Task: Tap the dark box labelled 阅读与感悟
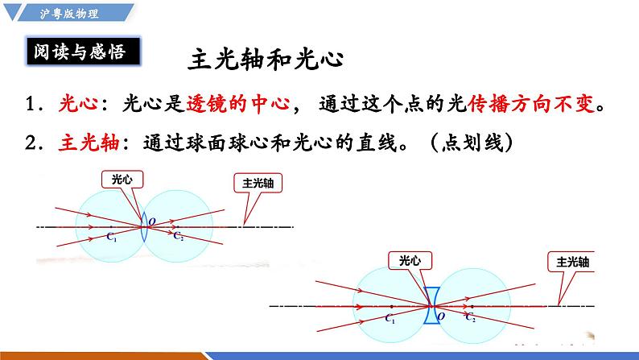pos(79,52)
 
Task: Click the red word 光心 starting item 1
pos(78,106)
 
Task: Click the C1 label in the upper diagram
pos(112,238)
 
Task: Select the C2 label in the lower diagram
pos(471,319)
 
